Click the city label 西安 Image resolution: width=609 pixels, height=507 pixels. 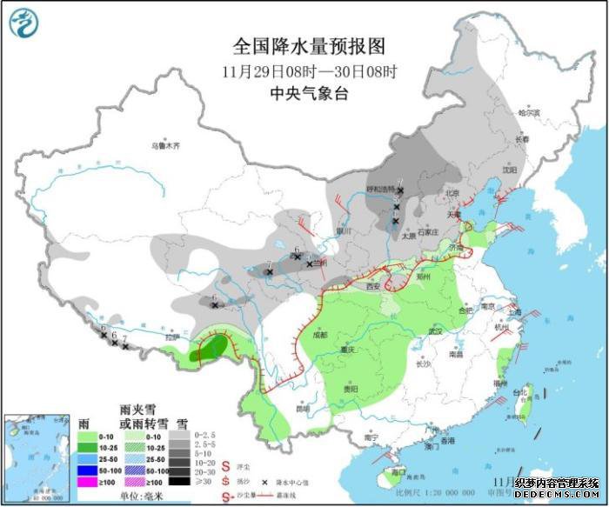tap(374, 285)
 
